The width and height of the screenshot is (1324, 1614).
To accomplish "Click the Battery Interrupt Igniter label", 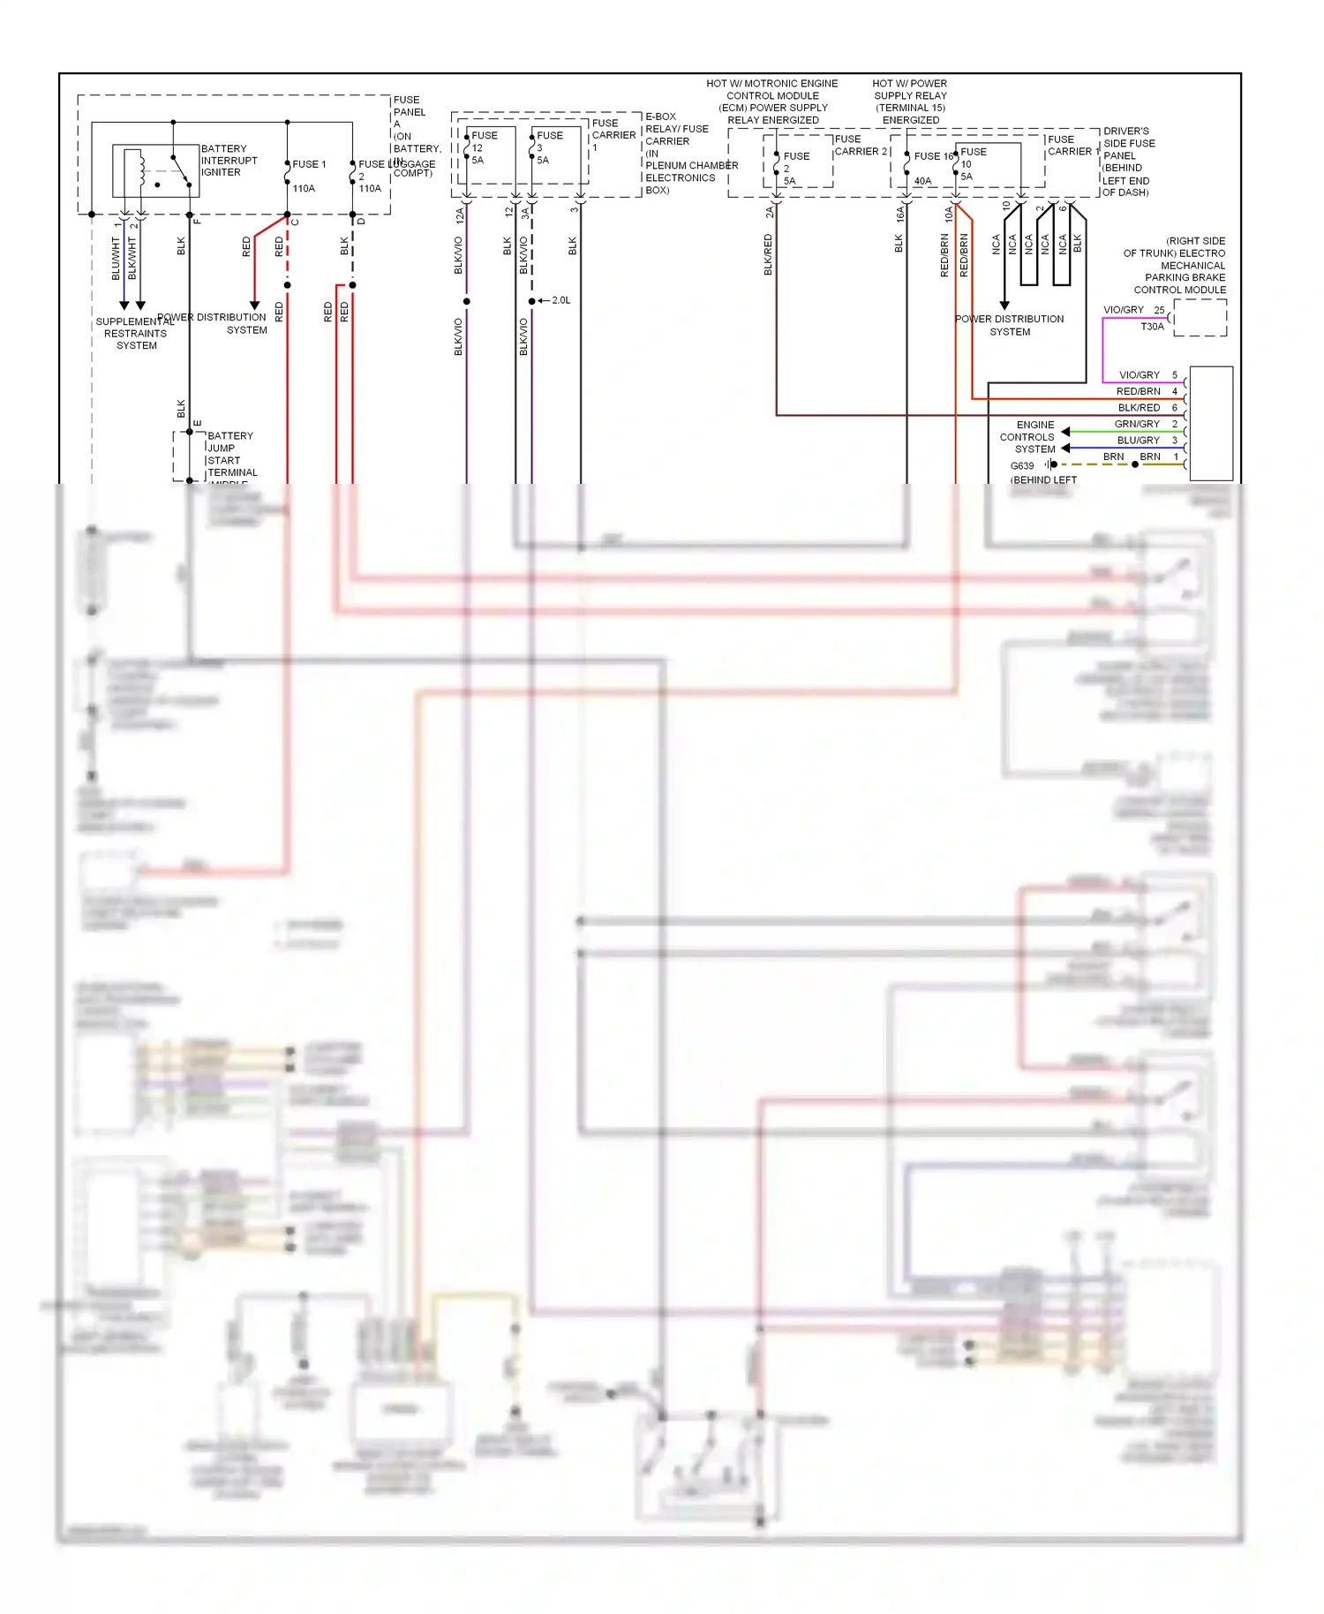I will click(229, 161).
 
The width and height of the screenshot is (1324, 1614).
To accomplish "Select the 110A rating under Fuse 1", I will click(304, 188).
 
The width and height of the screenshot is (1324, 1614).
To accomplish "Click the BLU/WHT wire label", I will click(116, 258).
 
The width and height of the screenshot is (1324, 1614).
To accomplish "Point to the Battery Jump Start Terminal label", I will click(231, 454).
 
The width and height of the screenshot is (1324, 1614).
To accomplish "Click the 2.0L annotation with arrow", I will click(559, 300).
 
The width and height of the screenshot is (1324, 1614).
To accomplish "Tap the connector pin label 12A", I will click(460, 215).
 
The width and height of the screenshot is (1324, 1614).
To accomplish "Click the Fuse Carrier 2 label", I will click(861, 145).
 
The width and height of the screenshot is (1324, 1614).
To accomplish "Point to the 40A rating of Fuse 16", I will click(922, 180).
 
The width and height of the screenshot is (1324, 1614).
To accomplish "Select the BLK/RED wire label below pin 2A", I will click(768, 254).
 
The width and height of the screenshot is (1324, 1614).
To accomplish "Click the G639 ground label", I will click(1021, 465).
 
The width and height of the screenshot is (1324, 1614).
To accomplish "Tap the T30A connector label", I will click(1152, 327).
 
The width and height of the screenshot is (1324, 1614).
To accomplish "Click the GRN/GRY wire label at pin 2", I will click(1137, 424).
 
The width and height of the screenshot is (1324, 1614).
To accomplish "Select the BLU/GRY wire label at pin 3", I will click(1138, 440).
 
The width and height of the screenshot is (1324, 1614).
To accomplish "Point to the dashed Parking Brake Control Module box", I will click(1200, 318).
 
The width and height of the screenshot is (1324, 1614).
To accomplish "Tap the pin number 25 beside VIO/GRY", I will click(1159, 310).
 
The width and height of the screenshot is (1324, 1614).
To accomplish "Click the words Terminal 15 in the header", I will click(910, 108).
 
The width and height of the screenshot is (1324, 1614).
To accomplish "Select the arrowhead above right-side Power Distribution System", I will click(1004, 305).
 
